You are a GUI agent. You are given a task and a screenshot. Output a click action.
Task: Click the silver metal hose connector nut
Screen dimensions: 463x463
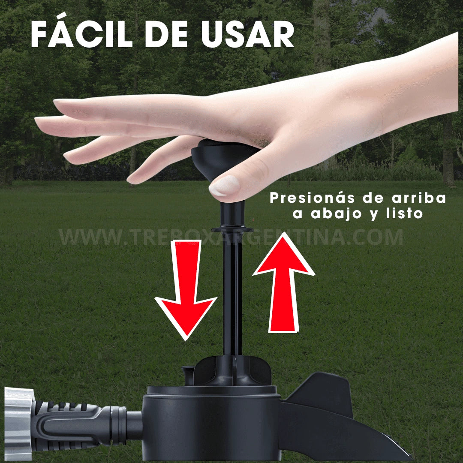pyautogui.click(x=18, y=422)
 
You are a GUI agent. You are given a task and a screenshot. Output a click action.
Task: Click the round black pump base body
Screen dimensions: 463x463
pyautogui.click(x=210, y=424)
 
